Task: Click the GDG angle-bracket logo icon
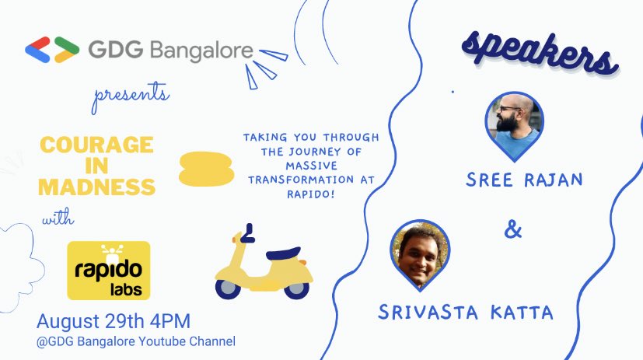51,50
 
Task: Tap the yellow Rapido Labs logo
108,270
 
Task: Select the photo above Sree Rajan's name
514,119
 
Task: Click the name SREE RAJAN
524,180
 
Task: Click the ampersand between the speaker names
513,231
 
